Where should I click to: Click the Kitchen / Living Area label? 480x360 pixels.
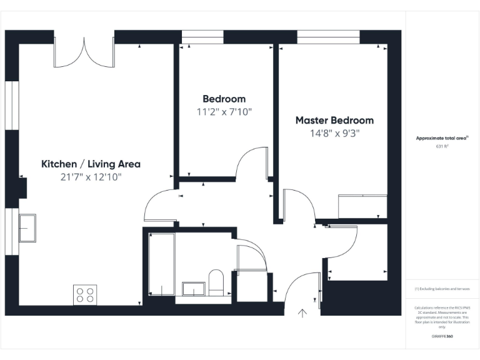(x=91, y=164)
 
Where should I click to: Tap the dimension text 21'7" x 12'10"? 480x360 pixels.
(x=91, y=177)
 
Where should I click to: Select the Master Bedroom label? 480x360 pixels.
(x=334, y=120)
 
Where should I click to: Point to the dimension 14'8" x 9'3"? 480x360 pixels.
(x=334, y=133)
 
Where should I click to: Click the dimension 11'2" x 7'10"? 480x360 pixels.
(x=224, y=112)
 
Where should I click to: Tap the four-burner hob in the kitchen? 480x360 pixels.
(x=86, y=294)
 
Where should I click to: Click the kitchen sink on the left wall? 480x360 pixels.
(x=27, y=228)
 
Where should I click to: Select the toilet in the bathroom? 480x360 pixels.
(x=216, y=282)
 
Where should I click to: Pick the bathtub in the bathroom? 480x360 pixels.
(x=162, y=265)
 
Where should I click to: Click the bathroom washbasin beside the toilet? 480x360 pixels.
(x=194, y=289)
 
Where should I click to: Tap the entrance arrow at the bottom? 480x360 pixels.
(x=304, y=314)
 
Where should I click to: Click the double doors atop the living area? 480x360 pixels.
(x=83, y=53)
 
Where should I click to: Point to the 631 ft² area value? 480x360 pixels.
(x=442, y=146)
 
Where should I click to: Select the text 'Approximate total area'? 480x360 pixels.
(x=442, y=138)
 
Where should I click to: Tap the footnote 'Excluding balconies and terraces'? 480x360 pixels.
(x=442, y=289)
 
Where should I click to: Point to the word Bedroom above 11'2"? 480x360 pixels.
(x=224, y=99)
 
